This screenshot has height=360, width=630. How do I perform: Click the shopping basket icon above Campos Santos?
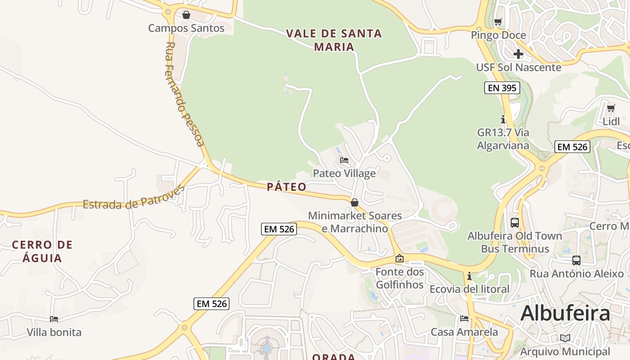tap(186, 15)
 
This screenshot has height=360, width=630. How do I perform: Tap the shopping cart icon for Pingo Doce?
tap(498, 22)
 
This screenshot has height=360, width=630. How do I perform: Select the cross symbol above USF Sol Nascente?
tap(518, 54)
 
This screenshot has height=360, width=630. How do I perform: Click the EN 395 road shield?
tap(502, 88)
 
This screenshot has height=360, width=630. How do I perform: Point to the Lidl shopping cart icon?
tap(611, 108)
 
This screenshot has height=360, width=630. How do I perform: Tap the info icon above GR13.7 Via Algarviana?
tap(503, 120)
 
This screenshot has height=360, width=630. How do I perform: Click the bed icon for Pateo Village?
tap(344, 160)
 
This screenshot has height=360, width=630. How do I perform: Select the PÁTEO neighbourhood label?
tap(287, 187)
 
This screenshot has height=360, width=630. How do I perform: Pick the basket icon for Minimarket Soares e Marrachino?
tap(355, 203)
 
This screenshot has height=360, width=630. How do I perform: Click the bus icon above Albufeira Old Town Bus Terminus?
tap(515, 223)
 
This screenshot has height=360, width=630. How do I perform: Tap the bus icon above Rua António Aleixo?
tap(576, 261)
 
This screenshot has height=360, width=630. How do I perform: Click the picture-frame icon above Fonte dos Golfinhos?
tap(400, 258)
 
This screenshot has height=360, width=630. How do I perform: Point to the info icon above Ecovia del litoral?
tap(469, 276)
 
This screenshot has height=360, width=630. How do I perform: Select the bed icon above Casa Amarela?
tap(464, 319)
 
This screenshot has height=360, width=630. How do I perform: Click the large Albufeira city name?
tap(565, 313)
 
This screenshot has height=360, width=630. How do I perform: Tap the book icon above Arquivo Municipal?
tap(565, 338)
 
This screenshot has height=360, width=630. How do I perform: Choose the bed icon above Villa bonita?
tap(54, 319)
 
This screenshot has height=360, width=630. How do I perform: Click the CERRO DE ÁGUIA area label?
tap(42, 252)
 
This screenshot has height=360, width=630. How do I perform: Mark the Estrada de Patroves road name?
tap(134, 198)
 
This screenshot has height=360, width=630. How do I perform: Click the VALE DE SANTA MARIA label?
tap(334, 40)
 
